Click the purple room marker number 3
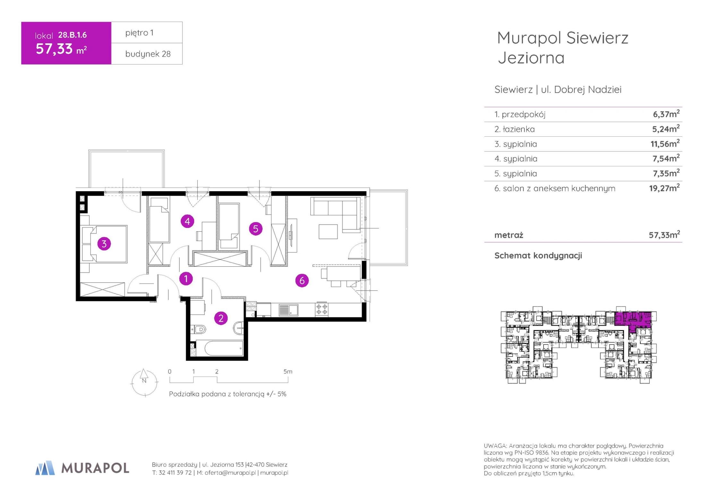point(104,244)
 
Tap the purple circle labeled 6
point(302,280)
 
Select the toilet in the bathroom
point(199,329)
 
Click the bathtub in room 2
point(219,348)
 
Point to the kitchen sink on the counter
point(288,310)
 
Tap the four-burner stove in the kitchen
point(322,309)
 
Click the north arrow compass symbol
point(144,382)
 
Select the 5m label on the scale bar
point(288,372)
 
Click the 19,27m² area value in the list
point(664,188)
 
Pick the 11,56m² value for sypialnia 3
point(665,143)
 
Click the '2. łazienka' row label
point(514,129)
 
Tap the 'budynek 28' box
point(147,54)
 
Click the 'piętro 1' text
point(139,33)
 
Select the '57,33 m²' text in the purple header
point(61,49)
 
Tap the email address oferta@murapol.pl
point(230,473)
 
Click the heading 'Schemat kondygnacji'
point(538,256)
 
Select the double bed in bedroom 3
point(105,244)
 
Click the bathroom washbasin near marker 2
point(239,328)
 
